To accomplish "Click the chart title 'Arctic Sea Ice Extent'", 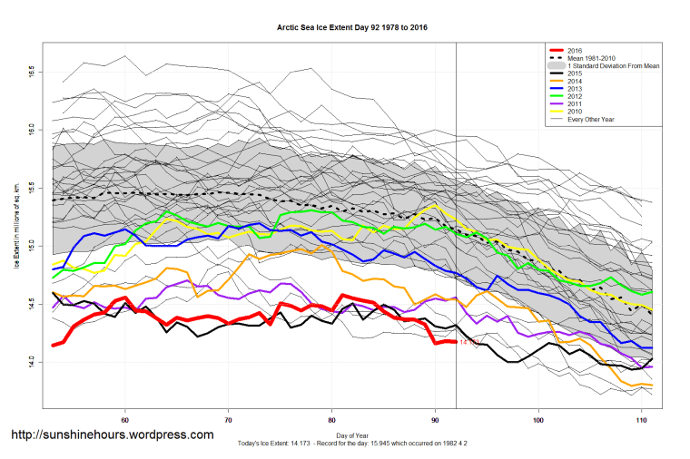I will click(x=351, y=28).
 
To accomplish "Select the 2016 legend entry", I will click(x=574, y=51).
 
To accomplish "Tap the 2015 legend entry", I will click(x=574, y=74).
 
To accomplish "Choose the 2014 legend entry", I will click(x=574, y=82).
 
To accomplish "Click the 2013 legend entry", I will click(x=574, y=89).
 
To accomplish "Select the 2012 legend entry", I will click(x=574, y=97).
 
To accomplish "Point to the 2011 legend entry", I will click(x=574, y=104).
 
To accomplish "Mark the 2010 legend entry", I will click(x=574, y=112).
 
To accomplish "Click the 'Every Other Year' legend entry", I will click(x=589, y=120).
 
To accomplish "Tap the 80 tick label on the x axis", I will click(x=332, y=420).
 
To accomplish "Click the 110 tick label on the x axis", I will click(x=643, y=420).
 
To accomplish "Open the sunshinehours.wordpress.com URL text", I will click(x=111, y=435).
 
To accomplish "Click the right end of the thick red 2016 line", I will click(x=455, y=342).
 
